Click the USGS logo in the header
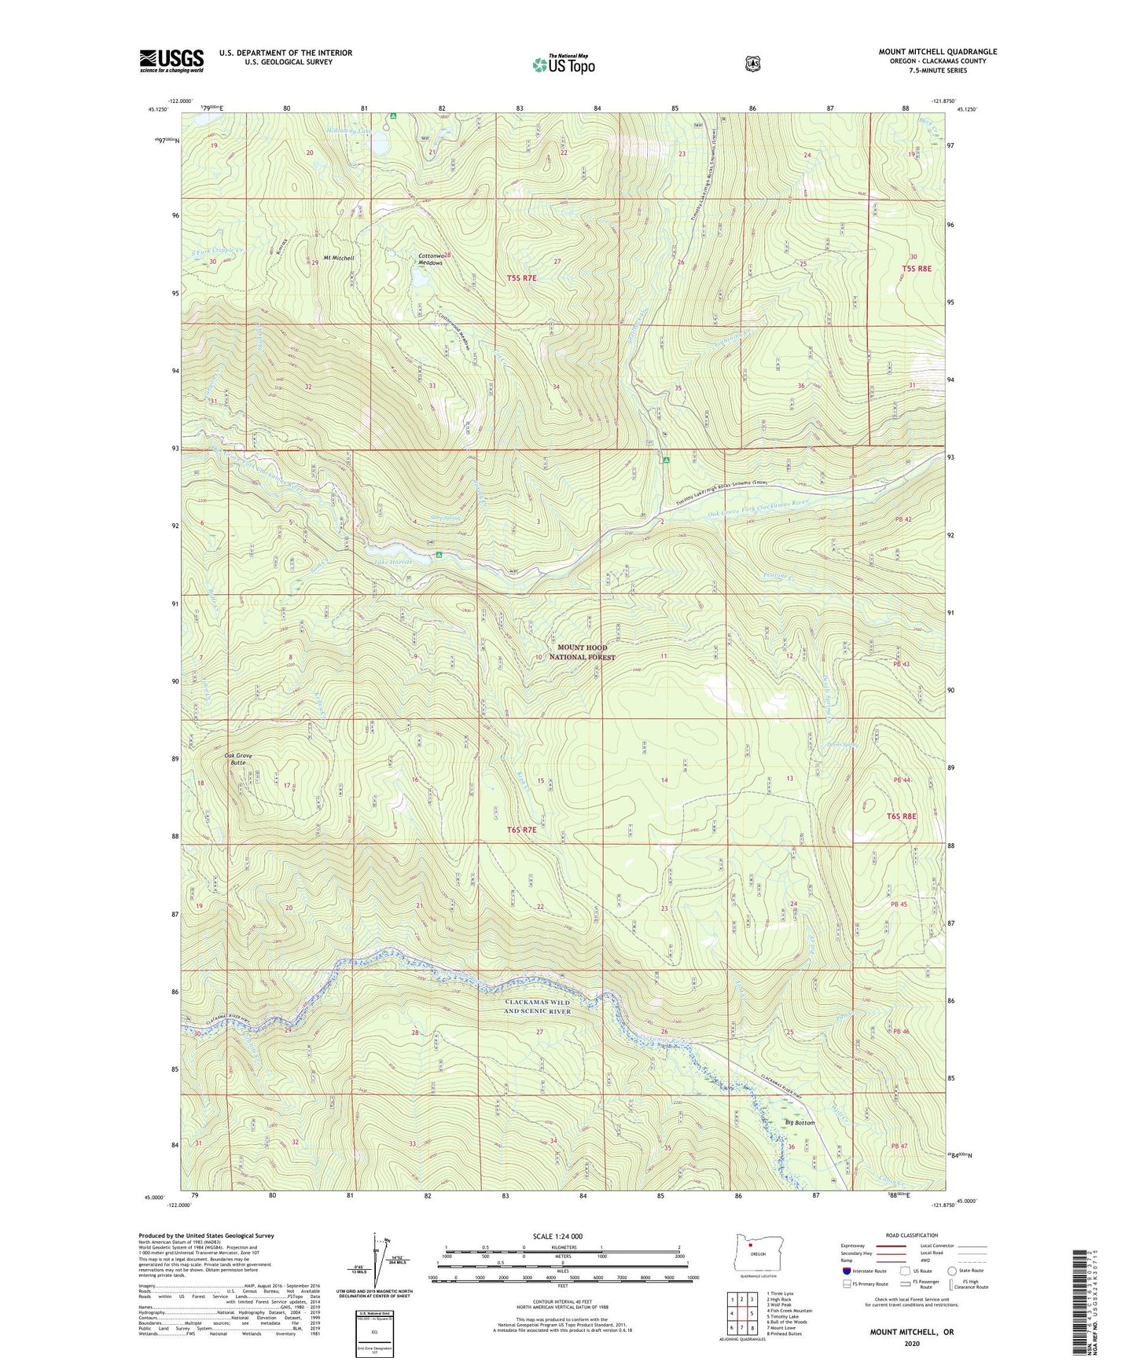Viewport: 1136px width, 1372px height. (171, 61)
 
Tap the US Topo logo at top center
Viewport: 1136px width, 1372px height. (563, 64)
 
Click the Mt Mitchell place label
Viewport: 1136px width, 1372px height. (339, 258)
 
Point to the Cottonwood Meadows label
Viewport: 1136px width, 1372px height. (431, 259)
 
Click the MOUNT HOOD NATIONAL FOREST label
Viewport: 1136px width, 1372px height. (583, 652)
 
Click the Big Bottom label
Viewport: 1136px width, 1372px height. (800, 1123)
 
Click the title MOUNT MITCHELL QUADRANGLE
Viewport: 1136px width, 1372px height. (937, 52)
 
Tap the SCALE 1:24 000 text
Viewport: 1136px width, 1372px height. (557, 1236)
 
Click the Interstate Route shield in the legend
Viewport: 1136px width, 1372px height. (846, 1271)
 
